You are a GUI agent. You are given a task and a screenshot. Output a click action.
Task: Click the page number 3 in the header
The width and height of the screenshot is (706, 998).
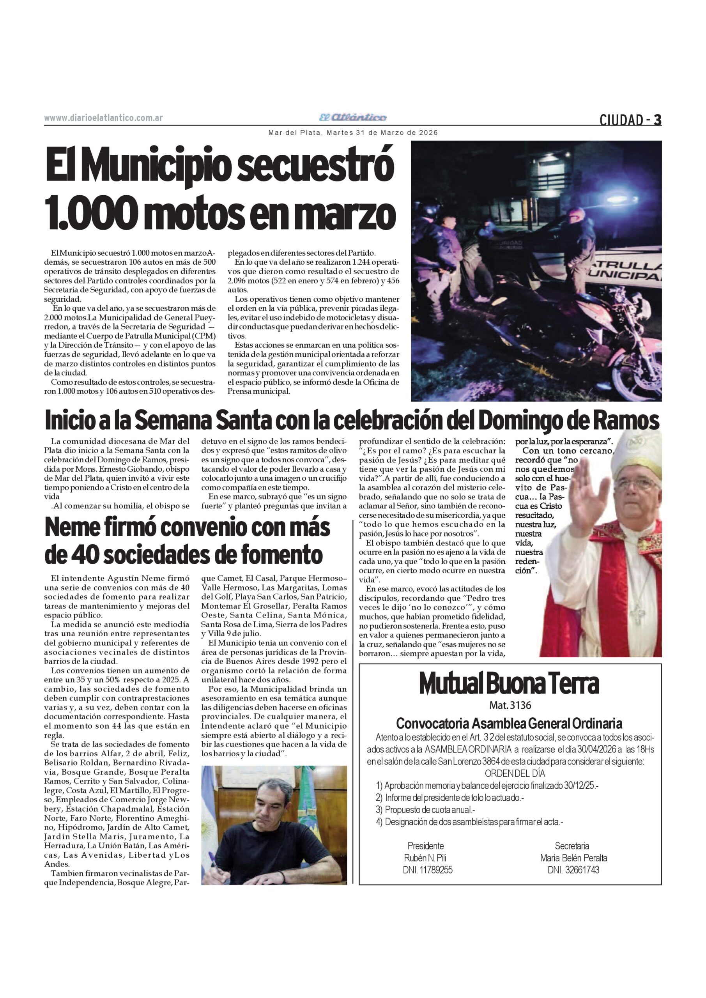point(657,120)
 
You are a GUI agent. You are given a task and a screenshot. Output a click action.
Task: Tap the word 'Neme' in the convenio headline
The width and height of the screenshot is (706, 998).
point(72,528)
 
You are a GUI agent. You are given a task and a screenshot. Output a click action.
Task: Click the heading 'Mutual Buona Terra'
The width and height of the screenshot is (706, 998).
point(509,684)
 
